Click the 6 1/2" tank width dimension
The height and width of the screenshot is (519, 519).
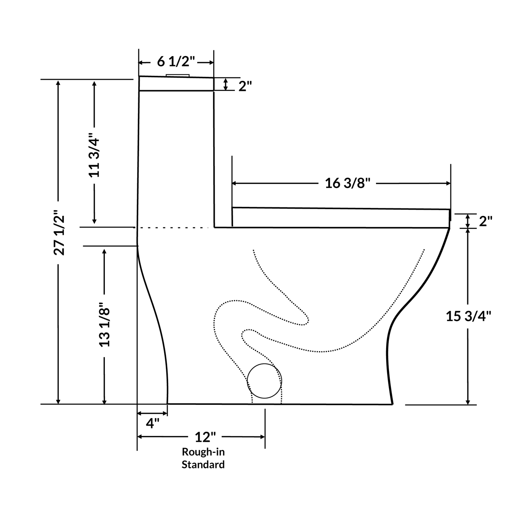click(176, 62)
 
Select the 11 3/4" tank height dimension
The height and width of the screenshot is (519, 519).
click(94, 156)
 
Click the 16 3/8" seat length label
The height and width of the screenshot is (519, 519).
click(347, 183)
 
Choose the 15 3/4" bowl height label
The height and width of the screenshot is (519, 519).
click(468, 316)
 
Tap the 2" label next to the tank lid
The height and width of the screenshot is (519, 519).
click(245, 86)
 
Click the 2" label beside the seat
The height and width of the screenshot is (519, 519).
click(485, 221)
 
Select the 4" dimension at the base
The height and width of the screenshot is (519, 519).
click(152, 423)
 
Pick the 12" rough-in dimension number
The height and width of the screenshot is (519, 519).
click(205, 437)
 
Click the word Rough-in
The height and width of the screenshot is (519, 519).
click(203, 452)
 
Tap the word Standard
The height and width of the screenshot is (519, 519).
click(203, 464)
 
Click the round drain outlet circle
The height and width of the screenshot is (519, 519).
click(264, 381)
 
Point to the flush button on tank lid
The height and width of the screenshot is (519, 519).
click(177, 75)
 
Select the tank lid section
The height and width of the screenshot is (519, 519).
click(176, 84)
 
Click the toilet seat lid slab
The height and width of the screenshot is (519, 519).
click(340, 218)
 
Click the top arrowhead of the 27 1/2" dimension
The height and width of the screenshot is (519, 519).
click(58, 83)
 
